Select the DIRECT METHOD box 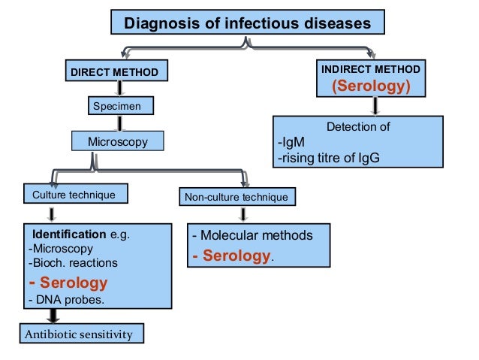click(x=115, y=72)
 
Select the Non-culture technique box click(x=236, y=198)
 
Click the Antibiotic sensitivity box click(x=80, y=333)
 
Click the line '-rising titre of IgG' click(x=328, y=158)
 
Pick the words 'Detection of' click(x=357, y=127)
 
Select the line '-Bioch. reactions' click(x=72, y=263)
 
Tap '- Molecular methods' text click(x=252, y=235)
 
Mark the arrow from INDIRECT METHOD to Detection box click(x=375, y=105)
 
